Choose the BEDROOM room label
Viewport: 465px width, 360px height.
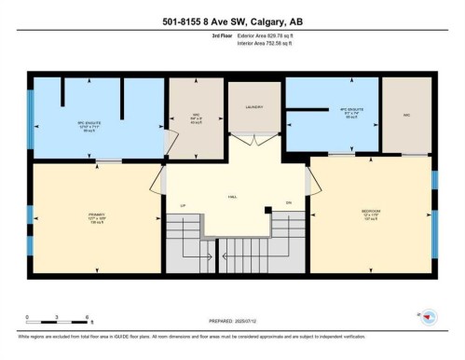370,212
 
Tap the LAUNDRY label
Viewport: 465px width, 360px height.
253,107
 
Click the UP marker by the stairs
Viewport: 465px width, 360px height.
184,202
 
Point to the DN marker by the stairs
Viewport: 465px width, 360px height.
289,202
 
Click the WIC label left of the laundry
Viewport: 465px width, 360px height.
196,118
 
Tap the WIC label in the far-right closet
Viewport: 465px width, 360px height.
406,117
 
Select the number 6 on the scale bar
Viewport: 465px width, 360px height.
87,317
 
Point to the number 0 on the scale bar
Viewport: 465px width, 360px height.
27,317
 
